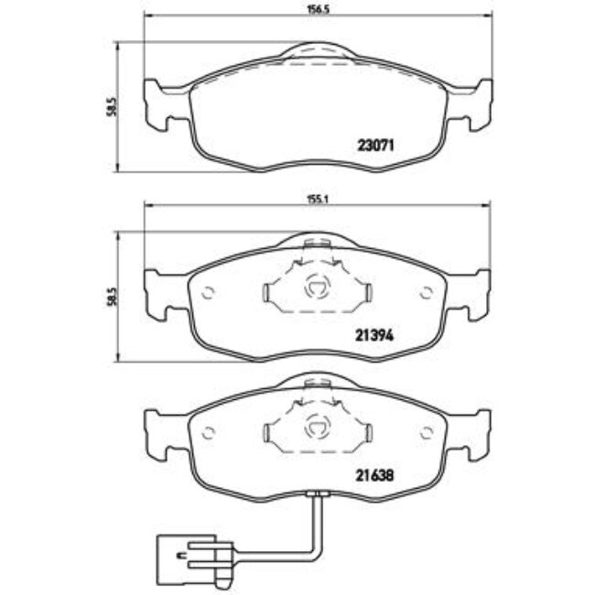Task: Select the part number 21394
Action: click(x=373, y=335)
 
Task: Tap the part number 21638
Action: click(x=373, y=475)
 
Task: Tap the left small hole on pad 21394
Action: click(x=208, y=294)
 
